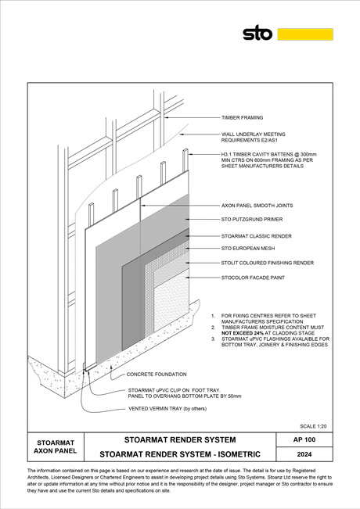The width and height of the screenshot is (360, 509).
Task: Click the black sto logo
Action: point(257,33)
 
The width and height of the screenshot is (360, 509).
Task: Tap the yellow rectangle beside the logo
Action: point(305,34)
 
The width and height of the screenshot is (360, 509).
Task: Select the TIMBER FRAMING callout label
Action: point(242,117)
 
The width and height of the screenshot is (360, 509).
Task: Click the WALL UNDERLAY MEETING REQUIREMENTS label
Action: point(253,137)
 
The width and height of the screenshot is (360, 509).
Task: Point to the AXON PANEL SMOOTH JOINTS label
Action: point(257,206)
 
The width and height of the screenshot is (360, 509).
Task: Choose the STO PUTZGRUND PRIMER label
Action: point(252,220)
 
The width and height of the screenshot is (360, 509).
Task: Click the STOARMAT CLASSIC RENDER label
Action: point(257,236)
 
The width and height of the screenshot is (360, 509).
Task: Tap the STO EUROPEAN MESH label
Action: point(248,249)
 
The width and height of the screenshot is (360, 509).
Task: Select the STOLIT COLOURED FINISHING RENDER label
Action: point(268,263)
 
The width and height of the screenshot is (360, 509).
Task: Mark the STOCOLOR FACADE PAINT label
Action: point(253,278)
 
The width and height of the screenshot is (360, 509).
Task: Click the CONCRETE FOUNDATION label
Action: point(157,375)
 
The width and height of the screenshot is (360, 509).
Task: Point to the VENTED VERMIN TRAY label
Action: point(167,409)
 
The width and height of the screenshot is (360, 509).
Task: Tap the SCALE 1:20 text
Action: point(313,426)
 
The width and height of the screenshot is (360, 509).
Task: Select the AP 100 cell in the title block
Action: point(304,439)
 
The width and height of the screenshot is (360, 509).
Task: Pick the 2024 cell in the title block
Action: point(304,454)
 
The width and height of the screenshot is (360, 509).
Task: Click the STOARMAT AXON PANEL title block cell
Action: point(56,446)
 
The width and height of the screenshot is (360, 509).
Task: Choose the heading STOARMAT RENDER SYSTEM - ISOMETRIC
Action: point(180,454)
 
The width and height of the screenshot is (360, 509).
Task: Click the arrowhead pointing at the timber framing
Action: point(167,117)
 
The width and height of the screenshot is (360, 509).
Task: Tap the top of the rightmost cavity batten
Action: point(185,149)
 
